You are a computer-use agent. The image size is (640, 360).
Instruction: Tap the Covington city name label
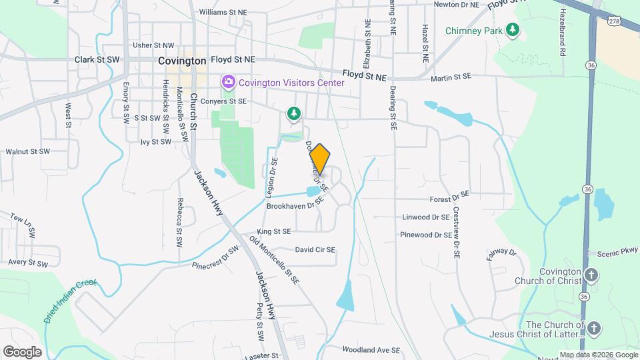[182, 61]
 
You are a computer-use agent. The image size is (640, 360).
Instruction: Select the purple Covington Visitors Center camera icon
[229, 82]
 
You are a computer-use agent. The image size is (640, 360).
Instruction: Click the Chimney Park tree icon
[512, 29]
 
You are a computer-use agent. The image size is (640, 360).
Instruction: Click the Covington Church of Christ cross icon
[591, 275]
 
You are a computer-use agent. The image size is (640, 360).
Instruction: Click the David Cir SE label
[315, 250]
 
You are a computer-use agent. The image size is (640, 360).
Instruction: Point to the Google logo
[21, 351]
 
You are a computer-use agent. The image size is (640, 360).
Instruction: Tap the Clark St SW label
[97, 59]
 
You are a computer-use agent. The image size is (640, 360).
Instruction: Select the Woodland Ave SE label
[371, 349]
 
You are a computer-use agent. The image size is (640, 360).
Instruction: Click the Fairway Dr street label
[502, 253]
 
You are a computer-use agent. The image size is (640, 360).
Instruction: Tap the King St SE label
[274, 231]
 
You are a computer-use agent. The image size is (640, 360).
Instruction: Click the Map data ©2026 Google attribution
[598, 355]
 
